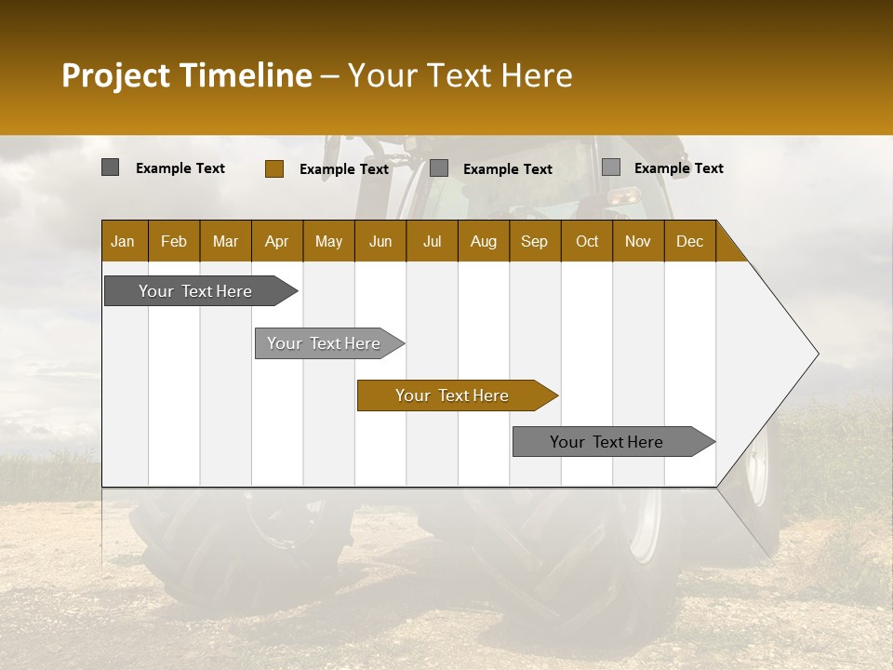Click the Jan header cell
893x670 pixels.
[x=123, y=241]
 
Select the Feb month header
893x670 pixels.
[x=174, y=241]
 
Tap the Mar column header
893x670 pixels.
[x=225, y=241]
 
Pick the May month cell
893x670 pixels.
[x=328, y=241]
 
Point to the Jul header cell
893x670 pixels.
[x=432, y=241]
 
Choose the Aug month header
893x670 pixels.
[x=483, y=241]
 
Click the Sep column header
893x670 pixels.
[x=534, y=241]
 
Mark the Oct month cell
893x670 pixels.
[x=587, y=241]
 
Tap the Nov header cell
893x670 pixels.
[x=638, y=241]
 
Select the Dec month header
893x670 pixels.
[x=689, y=241]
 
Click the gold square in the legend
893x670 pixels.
[x=274, y=168]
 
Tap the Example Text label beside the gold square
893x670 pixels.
[x=343, y=169]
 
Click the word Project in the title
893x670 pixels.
[x=116, y=75]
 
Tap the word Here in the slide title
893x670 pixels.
[x=536, y=75]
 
